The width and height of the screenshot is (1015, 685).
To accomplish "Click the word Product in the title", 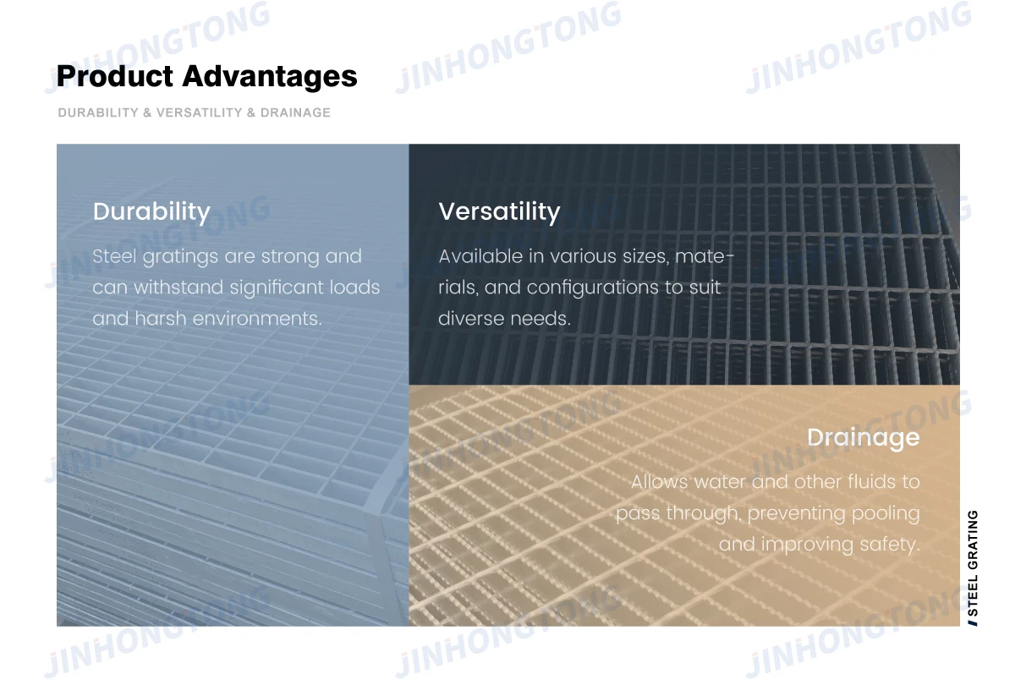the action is coord(115,75).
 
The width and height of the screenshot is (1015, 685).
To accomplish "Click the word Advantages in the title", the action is coord(270,77).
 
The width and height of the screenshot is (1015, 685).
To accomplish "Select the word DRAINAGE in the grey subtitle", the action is coord(295,112).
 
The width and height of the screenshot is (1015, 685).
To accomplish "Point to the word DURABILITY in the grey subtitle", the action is coord(98,112).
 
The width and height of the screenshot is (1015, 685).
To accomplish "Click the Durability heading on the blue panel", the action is coord(151,212).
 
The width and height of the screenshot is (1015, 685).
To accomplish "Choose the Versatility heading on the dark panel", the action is coord(499,212).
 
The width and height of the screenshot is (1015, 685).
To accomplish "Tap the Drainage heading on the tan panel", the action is coord(864,438).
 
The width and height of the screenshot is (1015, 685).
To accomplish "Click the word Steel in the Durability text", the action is coord(114,256).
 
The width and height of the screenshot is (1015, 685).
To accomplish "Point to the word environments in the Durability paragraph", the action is coord(257,319).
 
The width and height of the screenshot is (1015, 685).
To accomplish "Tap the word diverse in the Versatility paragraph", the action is coord(471,319).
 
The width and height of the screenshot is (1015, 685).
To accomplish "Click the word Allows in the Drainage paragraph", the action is coord(659,481).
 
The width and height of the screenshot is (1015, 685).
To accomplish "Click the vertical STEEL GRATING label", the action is coord(973,568).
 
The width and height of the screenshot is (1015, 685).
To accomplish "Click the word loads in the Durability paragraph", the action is coord(354,288).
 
